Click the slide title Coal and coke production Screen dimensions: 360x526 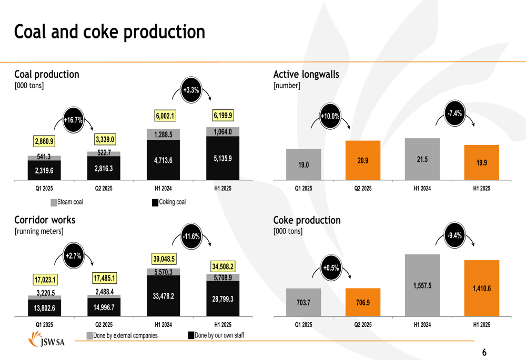109,32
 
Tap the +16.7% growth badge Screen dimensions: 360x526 73,120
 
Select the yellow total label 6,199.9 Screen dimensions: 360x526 222,115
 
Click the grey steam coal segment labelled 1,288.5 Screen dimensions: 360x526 163,135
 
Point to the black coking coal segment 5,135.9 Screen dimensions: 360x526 222,158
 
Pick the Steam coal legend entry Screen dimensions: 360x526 67,202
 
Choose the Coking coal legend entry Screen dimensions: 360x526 169,202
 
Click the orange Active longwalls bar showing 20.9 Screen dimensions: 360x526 363,161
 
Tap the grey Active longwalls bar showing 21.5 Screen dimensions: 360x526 422,160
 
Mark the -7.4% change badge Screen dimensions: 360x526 454,114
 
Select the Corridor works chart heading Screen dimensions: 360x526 45,220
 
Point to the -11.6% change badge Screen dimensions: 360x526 191,237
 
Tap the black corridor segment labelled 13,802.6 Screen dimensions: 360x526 44,308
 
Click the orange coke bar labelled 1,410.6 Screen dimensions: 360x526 482,288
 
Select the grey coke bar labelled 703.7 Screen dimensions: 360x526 304,302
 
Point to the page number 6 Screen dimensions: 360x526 484,353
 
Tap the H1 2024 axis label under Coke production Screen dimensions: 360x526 422,325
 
